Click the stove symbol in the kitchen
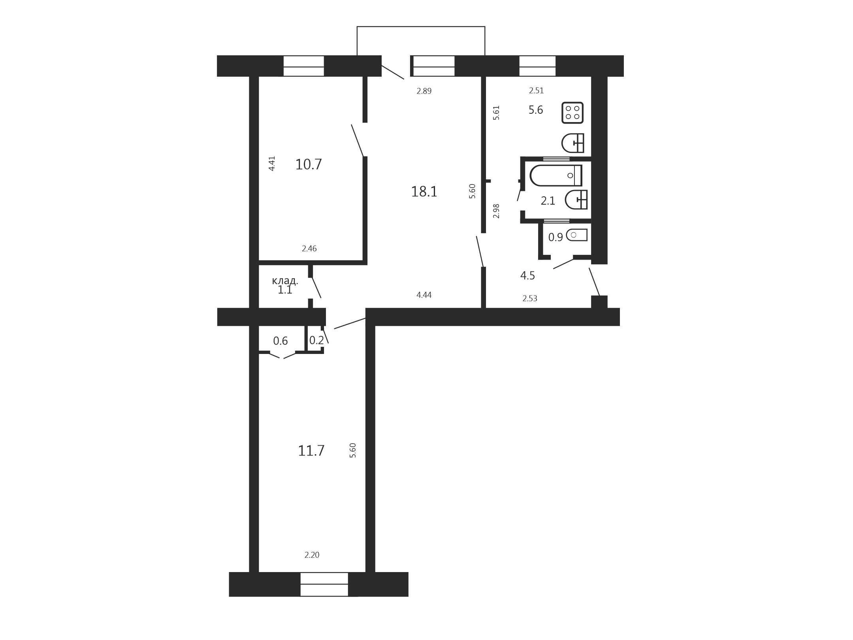click(572, 113)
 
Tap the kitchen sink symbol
click(573, 143)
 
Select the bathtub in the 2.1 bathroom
click(556, 175)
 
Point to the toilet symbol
click(577, 235)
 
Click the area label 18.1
click(424, 192)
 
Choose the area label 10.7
click(309, 164)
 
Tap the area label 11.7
click(311, 451)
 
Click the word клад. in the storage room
click(285, 281)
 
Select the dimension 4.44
click(424, 295)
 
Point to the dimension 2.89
click(424, 91)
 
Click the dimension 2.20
click(312, 555)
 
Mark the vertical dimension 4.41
click(272, 164)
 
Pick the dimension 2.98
click(497, 211)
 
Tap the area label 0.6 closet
click(281, 341)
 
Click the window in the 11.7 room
click(324, 584)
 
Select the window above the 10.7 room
click(304, 66)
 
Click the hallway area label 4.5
click(527, 276)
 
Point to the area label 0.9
click(555, 237)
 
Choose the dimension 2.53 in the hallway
click(530, 299)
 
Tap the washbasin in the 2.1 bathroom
click(576, 200)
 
